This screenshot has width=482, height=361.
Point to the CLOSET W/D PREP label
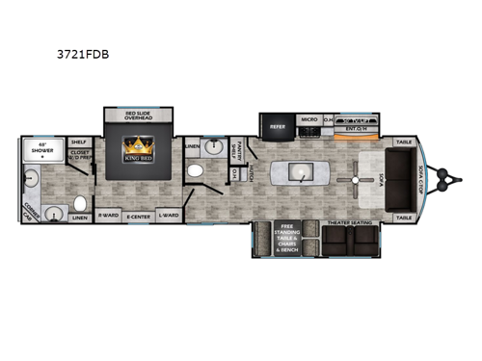[79, 157]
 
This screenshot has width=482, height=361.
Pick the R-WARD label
[108, 216]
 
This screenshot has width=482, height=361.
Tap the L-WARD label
[170, 216]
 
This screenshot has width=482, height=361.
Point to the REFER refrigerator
[278, 125]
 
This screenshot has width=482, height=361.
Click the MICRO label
[308, 120]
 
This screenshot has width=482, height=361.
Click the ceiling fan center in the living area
[356, 179]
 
